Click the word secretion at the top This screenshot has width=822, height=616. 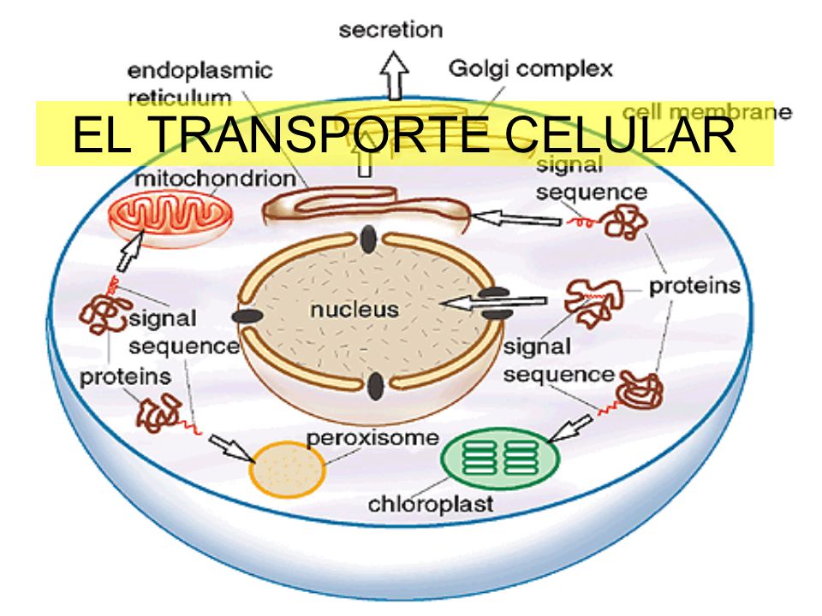point(390,31)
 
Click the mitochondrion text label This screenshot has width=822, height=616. point(215,180)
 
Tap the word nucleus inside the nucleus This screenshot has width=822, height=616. point(354,310)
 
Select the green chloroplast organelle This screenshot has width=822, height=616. point(500,456)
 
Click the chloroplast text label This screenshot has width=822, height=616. point(431,503)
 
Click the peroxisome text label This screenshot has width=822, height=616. point(372,438)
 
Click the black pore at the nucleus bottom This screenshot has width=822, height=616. point(374,387)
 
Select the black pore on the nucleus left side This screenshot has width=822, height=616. point(247,317)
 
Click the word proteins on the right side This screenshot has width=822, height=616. point(694,286)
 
